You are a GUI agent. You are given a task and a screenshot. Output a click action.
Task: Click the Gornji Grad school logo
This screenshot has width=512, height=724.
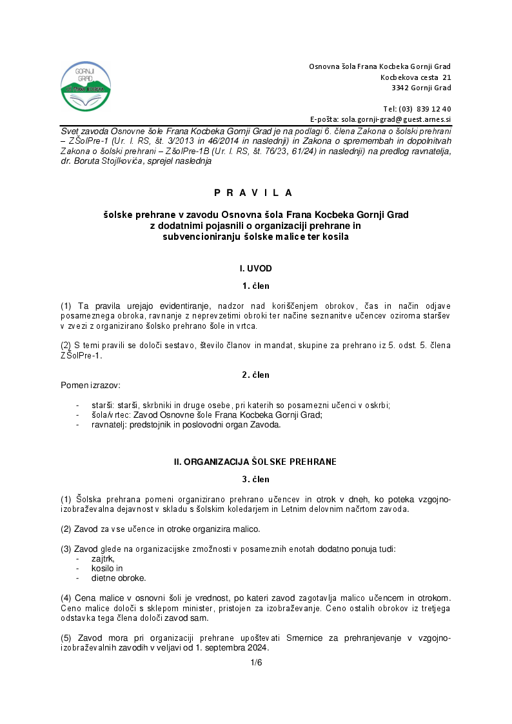85,87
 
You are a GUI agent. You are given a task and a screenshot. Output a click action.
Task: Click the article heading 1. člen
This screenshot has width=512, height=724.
256,286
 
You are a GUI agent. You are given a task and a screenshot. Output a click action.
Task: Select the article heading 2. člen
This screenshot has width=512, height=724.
256,375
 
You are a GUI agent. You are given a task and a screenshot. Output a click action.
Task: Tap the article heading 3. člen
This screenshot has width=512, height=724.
256,479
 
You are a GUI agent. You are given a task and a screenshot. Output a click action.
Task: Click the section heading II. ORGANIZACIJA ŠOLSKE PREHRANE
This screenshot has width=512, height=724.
256,462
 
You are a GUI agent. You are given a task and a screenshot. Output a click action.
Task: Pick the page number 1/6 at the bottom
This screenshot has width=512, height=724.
256,663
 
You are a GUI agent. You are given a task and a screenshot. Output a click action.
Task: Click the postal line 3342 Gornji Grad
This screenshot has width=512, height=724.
421,88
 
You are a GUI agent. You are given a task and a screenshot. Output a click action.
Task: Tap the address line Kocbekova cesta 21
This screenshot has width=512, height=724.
415,77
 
